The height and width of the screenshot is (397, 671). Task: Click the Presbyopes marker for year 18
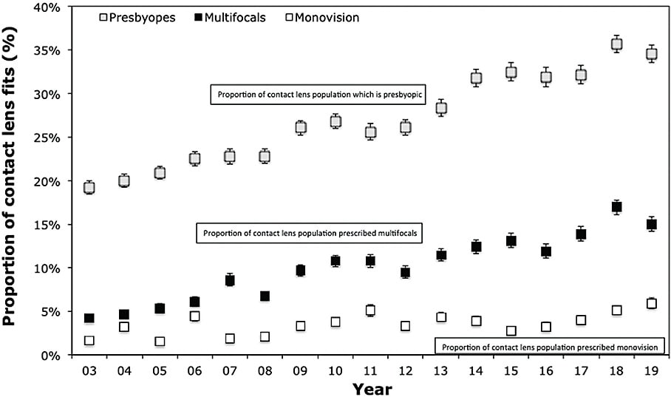pos(616,44)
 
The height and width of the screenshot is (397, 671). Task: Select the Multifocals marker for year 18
pos(616,207)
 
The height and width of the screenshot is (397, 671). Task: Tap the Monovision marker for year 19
pos(651,303)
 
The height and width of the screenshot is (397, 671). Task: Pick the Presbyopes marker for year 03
pos(89,188)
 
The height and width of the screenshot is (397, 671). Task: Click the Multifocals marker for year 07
pos(230,279)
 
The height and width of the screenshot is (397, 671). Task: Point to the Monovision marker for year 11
pos(370,311)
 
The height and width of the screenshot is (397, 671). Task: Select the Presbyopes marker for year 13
pos(440,108)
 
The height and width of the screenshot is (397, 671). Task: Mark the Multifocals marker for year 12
pos(405,272)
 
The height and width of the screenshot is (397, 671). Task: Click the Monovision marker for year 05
pos(160,342)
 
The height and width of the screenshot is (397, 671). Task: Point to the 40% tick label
pos(50,7)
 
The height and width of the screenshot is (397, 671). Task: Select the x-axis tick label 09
pos(300,369)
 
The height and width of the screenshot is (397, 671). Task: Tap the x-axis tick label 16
pos(545,369)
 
